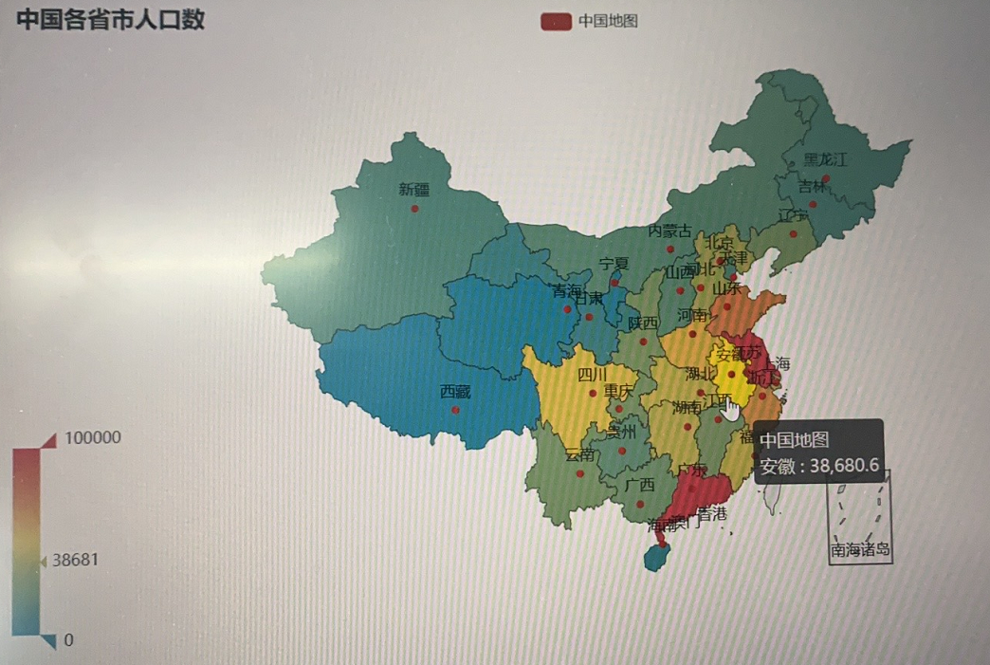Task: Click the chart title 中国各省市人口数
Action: point(110,19)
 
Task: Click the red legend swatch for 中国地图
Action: point(555,21)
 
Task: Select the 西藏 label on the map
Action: point(455,391)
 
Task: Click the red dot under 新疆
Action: point(414,208)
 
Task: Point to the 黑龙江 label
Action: point(825,159)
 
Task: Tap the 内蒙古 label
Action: point(669,231)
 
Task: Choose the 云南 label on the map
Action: point(579,455)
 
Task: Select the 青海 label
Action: point(567,291)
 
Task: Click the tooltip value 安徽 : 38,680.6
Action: point(819,466)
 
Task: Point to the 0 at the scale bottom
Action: point(68,640)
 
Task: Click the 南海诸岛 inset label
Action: point(861,549)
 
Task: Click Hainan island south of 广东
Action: point(655,557)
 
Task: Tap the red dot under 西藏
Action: point(456,410)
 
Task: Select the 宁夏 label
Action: point(614,264)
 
